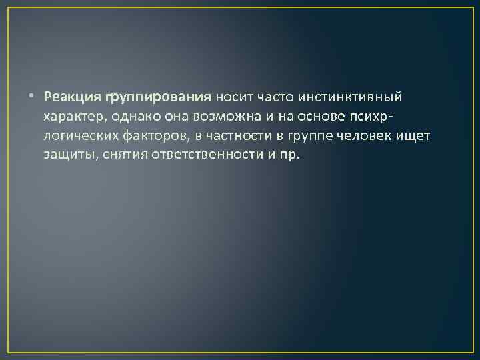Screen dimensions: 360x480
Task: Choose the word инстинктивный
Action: point(351,98)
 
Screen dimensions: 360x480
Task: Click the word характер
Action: point(73,117)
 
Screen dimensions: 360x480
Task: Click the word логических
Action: point(78,137)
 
